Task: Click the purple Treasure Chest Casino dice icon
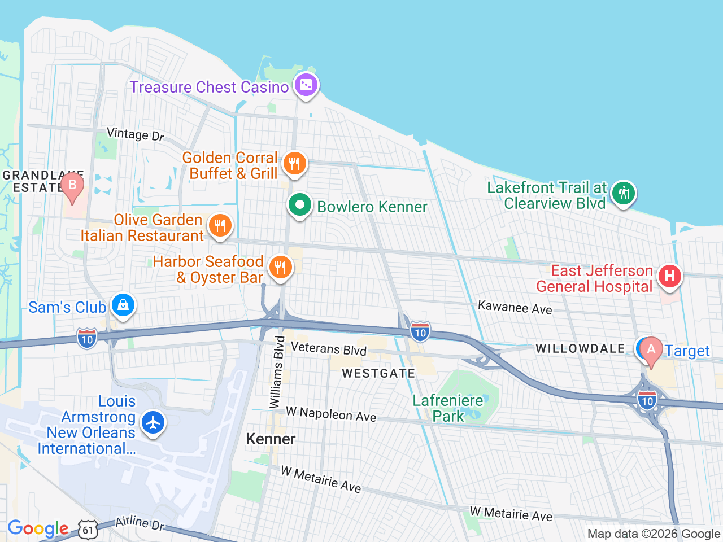coord(306,85)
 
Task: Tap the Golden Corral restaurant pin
coord(294,164)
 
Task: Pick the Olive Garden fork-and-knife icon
coord(220,226)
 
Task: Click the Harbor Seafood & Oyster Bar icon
coord(280,268)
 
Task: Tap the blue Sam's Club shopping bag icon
coord(123,305)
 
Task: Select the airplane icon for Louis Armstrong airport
coord(153,422)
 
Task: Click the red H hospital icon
coord(669,276)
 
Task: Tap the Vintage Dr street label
coord(136,134)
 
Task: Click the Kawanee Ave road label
coord(515,307)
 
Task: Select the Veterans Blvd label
coord(329,349)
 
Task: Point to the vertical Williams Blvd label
coord(277,371)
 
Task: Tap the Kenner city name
coord(271,439)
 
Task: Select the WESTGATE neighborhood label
coord(378,373)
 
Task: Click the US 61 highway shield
coord(89,530)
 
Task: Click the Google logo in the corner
coord(38,529)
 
